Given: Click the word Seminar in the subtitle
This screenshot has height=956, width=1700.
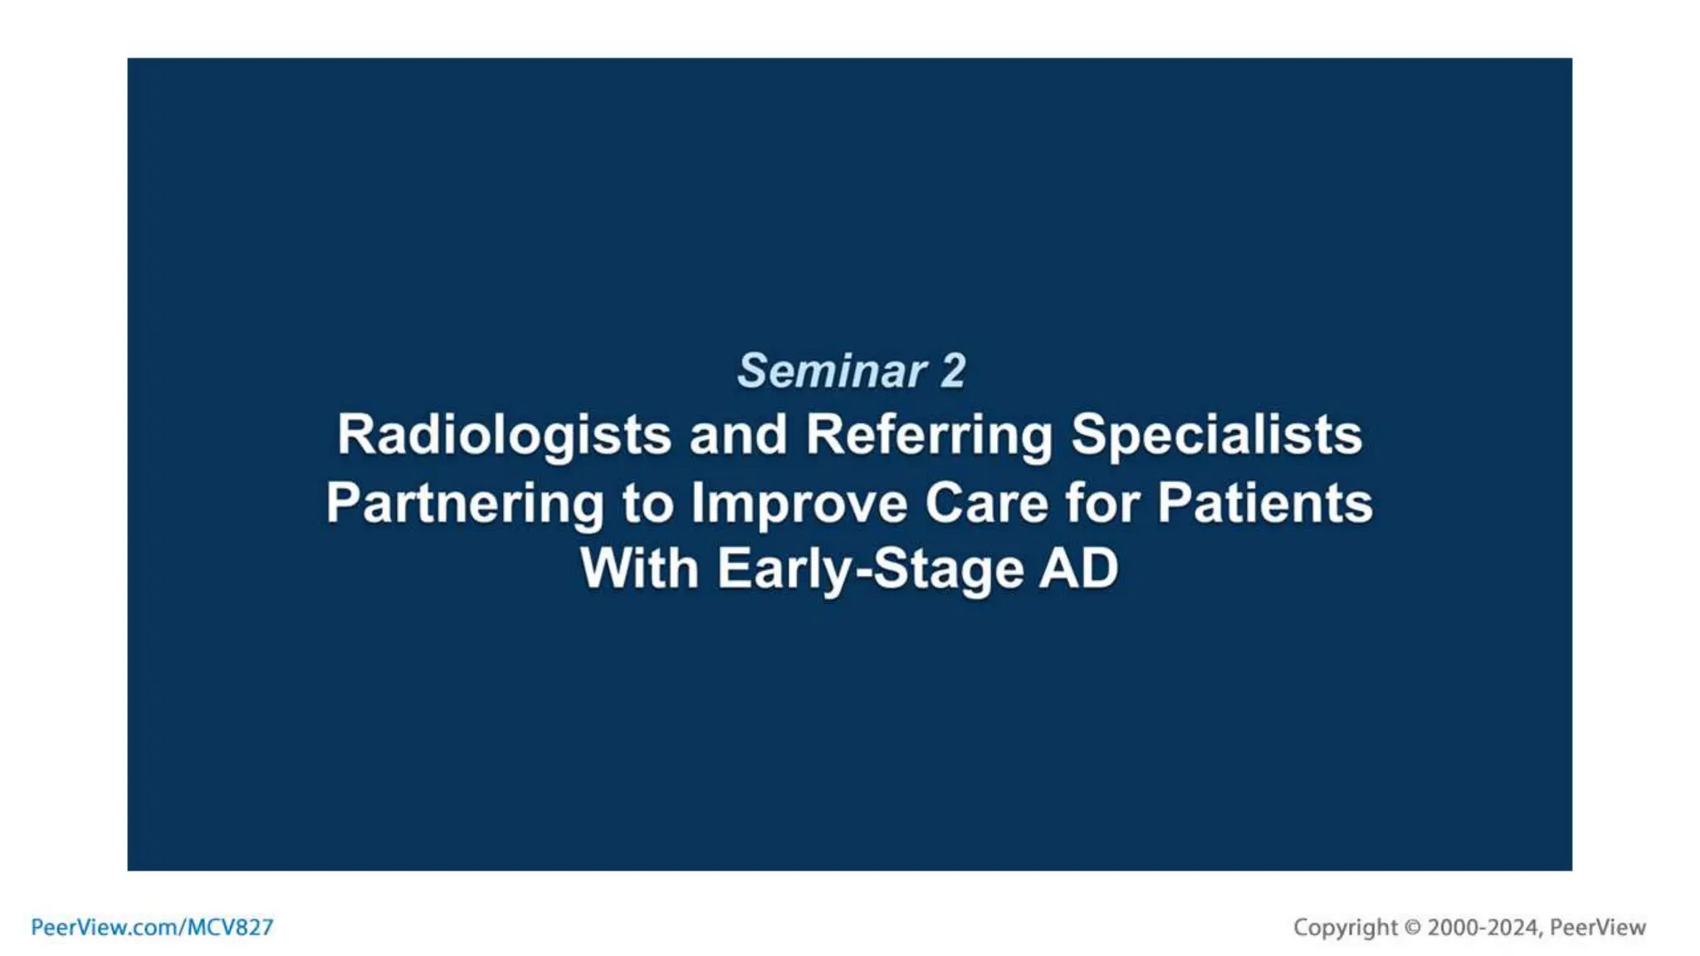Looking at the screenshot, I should (832, 371).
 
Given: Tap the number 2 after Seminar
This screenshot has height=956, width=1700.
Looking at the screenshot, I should (953, 371).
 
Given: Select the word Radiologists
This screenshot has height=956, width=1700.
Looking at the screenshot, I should (504, 435).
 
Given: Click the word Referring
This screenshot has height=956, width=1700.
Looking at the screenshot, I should (929, 435).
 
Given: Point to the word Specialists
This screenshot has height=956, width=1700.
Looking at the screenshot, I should (1216, 435).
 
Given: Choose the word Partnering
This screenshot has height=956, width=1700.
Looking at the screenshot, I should (465, 504).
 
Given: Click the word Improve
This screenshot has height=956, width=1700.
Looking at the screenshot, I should (799, 504).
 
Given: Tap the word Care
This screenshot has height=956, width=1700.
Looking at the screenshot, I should (986, 504).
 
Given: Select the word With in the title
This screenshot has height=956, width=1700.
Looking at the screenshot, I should (639, 569).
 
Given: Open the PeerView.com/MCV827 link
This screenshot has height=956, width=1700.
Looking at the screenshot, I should (152, 928).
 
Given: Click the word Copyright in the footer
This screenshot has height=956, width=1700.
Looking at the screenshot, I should (1345, 928).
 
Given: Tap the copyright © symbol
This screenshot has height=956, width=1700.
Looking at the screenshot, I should (1412, 928).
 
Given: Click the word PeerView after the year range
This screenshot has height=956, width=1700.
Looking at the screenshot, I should (1597, 928).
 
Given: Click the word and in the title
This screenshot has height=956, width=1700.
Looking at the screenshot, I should (738, 435).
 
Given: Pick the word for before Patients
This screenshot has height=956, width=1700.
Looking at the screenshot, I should (1102, 504).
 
